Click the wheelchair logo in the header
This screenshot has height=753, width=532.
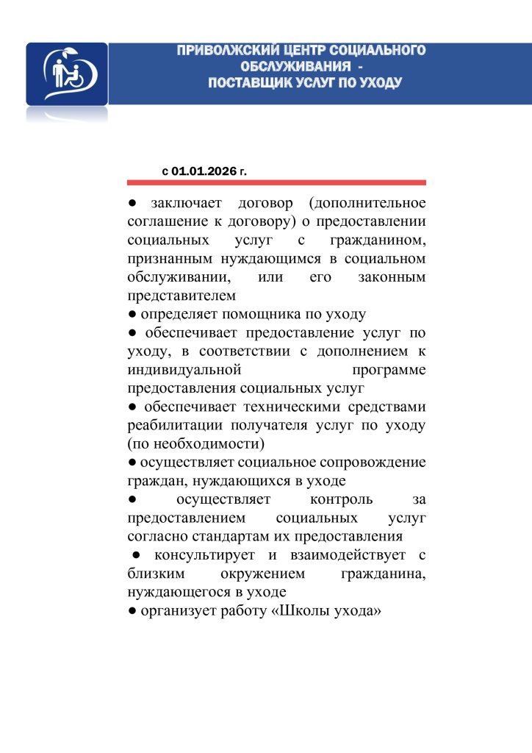(x=67, y=74)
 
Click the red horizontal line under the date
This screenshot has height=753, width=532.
(x=276, y=182)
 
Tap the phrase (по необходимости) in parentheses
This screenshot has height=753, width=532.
(x=196, y=444)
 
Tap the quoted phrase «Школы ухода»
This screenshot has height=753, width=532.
(x=328, y=612)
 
